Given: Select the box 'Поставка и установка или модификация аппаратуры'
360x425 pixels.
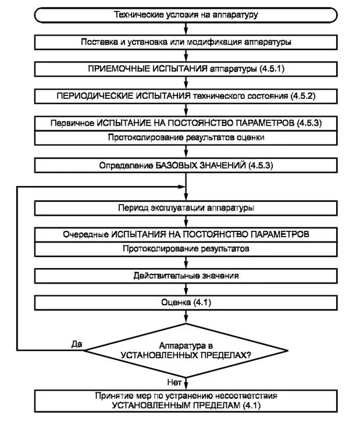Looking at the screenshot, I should (x=186, y=42).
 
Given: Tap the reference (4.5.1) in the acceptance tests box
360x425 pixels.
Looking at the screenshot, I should (x=270, y=69).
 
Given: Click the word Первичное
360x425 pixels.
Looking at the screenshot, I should (x=72, y=123).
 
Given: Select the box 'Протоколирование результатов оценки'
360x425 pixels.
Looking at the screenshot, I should (x=186, y=138).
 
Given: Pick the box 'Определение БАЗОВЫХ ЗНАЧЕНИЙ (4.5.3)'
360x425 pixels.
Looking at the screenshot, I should (x=186, y=165).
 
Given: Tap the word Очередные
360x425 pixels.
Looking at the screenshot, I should (x=85, y=234).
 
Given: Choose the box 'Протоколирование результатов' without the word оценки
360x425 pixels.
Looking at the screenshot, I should (x=186, y=249).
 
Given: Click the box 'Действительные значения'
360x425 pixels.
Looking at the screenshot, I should (x=186, y=276).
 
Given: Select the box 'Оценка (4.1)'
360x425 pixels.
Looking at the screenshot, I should (x=186, y=302).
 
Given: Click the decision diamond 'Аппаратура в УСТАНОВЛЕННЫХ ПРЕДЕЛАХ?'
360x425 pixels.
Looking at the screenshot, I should (x=186, y=349).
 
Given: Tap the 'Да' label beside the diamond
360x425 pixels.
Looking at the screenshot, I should (x=77, y=344).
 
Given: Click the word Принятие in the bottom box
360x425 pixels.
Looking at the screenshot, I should (x=113, y=395).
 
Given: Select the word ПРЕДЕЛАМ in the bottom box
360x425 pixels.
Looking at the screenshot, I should (x=213, y=405).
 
